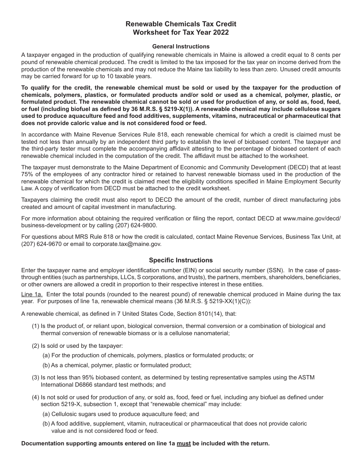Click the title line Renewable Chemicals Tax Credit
181,24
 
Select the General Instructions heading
181,47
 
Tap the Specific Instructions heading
181,260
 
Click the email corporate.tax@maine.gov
127,244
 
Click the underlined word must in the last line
184,443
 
